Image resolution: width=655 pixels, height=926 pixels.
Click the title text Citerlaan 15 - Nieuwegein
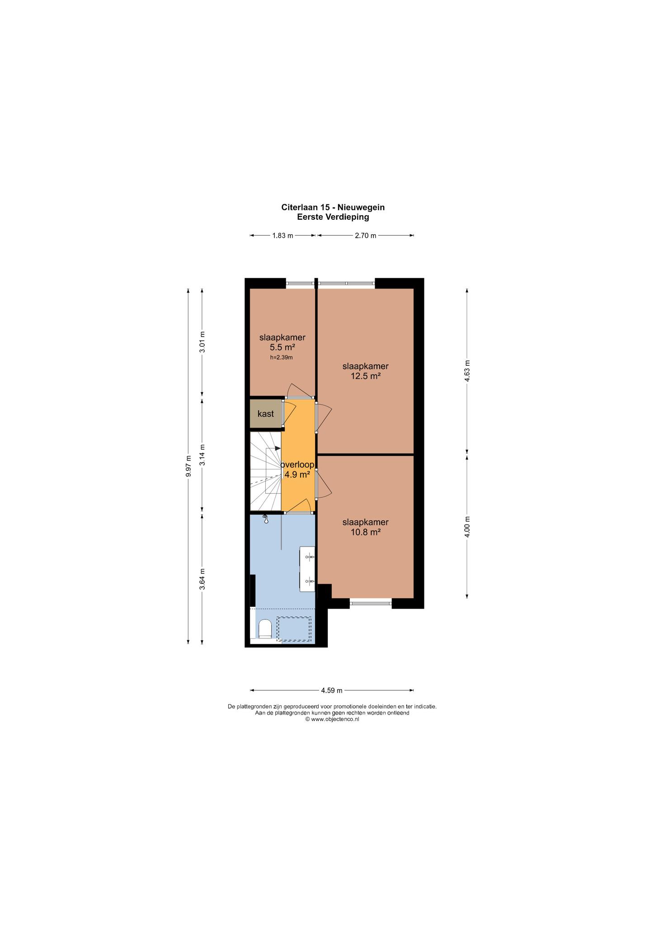pyautogui.click(x=333, y=208)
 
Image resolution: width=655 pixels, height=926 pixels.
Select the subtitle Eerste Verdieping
pyautogui.click(x=333, y=217)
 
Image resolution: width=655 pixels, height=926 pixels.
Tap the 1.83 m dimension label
pyautogui.click(x=283, y=236)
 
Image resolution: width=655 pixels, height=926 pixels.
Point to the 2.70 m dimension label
pyautogui.click(x=365, y=236)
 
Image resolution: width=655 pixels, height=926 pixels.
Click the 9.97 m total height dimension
pyautogui.click(x=188, y=466)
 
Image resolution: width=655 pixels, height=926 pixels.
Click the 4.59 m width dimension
pyautogui.click(x=332, y=690)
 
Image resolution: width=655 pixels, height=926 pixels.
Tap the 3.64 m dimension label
pyautogui.click(x=203, y=579)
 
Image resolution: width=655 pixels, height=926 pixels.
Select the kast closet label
pyautogui.click(x=266, y=414)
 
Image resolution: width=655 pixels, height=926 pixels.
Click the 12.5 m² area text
pyautogui.click(x=365, y=376)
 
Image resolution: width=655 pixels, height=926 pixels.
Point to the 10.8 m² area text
pyautogui.click(x=365, y=532)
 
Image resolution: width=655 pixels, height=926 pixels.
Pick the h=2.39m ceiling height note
pyautogui.click(x=282, y=357)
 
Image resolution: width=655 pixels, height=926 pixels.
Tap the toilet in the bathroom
pyautogui.click(x=265, y=628)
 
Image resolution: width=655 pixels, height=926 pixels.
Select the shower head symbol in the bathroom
pyautogui.click(x=266, y=520)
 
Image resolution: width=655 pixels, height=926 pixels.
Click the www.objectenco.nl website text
pyautogui.click(x=332, y=719)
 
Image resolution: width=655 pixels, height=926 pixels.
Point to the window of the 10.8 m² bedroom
pyautogui.click(x=371, y=602)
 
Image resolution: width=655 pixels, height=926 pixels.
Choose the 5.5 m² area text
pyautogui.click(x=282, y=347)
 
